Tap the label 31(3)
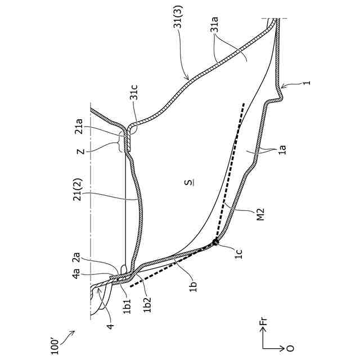pyautogui.click(x=178, y=17)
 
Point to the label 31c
pyautogui.click(x=134, y=92)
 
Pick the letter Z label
pyautogui.click(x=81, y=151)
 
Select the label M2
pyautogui.click(x=260, y=215)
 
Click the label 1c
pyautogui.click(x=238, y=254)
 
